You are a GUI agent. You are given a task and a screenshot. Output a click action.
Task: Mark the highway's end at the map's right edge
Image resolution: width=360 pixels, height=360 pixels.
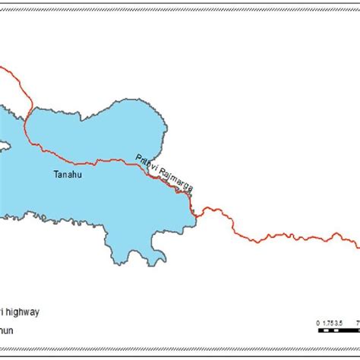tap(358, 244)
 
